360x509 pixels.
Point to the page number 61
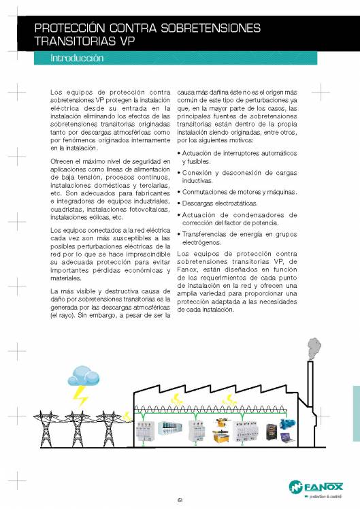point(180,501)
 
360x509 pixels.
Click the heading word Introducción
point(77,59)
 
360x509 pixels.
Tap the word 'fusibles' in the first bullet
point(194,162)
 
